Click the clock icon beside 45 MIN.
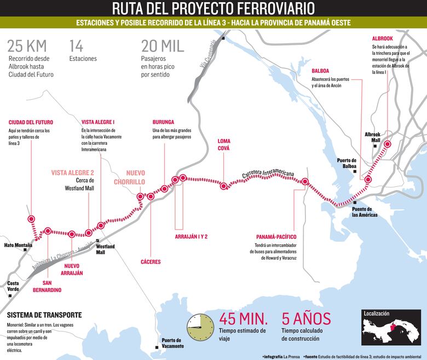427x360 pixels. tap(200, 327)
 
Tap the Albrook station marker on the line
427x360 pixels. tap(388, 145)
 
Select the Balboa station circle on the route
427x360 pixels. tap(368, 179)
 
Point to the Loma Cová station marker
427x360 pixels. tap(223, 186)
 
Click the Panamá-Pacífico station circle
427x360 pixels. tap(305, 182)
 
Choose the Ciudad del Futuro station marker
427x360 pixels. tap(31, 218)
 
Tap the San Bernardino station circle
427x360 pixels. tap(48, 231)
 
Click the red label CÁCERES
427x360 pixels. tap(150, 262)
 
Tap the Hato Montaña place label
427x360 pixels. tap(18, 245)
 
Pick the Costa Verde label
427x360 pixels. tap(13, 286)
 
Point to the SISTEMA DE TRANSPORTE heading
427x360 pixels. tap(44, 315)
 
